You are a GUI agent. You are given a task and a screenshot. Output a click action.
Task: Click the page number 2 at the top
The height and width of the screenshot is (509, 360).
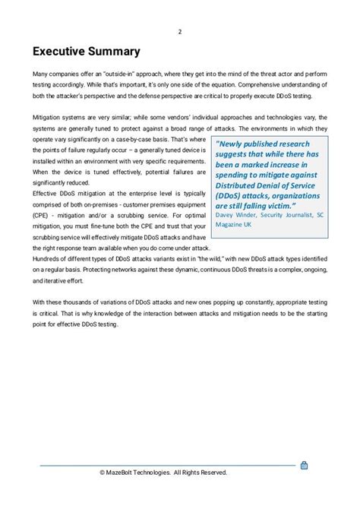[179, 31]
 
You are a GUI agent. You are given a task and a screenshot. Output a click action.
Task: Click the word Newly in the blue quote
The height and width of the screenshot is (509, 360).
[235, 144]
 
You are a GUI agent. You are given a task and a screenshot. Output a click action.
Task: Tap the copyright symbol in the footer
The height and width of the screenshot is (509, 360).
[102, 473]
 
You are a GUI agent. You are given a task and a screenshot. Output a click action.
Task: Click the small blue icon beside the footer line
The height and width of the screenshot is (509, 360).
[304, 465]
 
